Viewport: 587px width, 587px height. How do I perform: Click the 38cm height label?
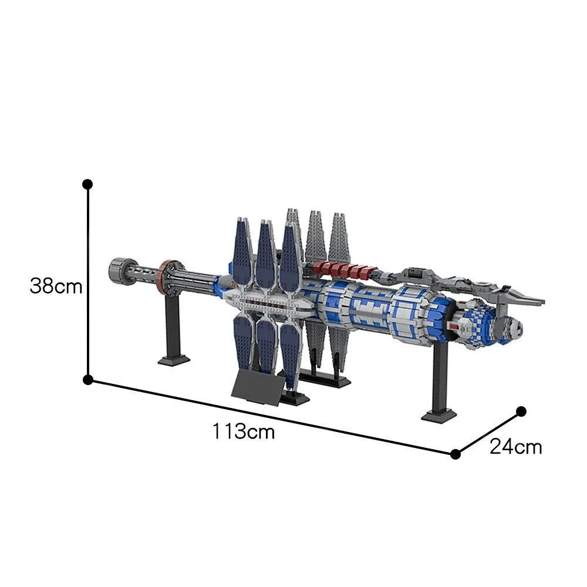tap(56, 287)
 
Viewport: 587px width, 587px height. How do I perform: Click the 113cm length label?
tap(244, 431)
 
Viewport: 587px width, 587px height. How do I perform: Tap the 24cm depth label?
tap(515, 447)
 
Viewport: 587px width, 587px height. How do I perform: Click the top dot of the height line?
tap(87, 184)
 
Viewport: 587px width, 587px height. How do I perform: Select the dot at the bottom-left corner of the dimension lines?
tap(87, 380)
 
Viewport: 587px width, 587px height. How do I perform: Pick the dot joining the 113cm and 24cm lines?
tap(456, 454)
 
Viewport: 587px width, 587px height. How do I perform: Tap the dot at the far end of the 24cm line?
tap(521, 411)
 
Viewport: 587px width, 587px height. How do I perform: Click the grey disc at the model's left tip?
tap(122, 272)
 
